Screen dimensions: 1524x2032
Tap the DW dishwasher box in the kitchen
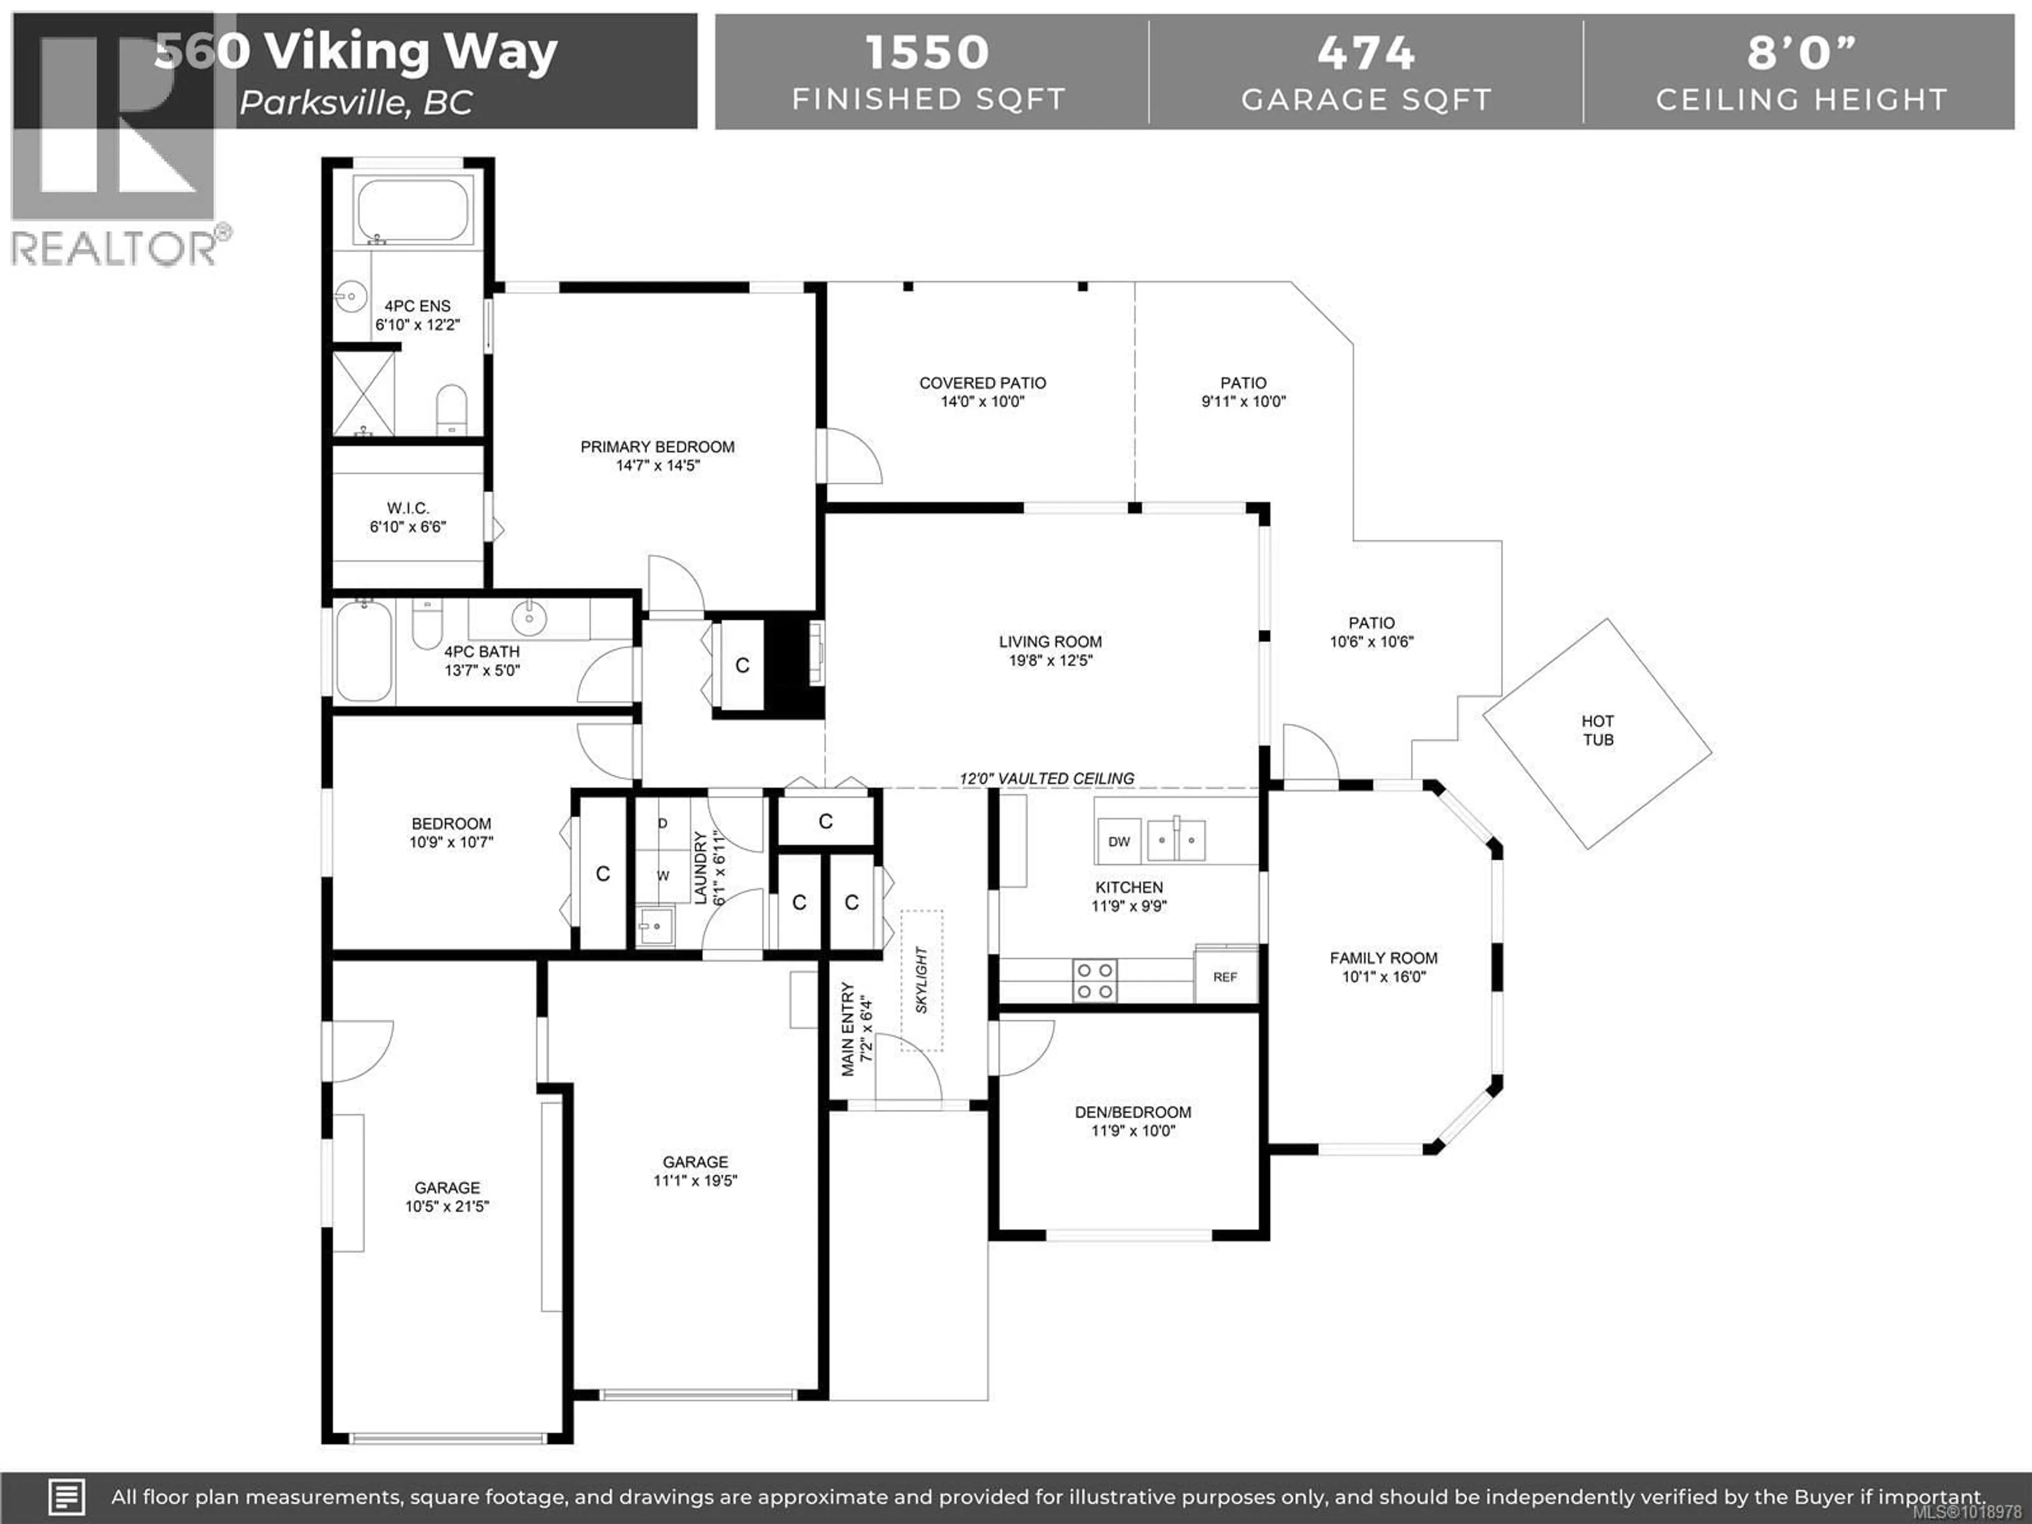[x=1118, y=840]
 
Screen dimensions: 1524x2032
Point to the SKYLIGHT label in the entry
[x=921, y=980]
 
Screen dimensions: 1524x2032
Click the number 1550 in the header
[x=928, y=52]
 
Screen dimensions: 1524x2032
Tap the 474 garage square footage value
[x=1366, y=52]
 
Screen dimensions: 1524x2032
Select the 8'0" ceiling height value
[x=1801, y=52]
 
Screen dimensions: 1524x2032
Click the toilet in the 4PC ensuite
[x=451, y=410]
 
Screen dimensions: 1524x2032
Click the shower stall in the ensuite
[x=364, y=393]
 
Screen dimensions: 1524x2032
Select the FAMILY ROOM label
[x=1383, y=958]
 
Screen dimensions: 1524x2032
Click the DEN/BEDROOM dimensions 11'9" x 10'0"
[x=1132, y=1131]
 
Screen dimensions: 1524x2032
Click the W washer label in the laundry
[x=663, y=875]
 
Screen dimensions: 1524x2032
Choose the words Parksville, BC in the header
[x=357, y=103]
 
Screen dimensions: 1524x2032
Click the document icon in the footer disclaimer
[x=66, y=1496]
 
